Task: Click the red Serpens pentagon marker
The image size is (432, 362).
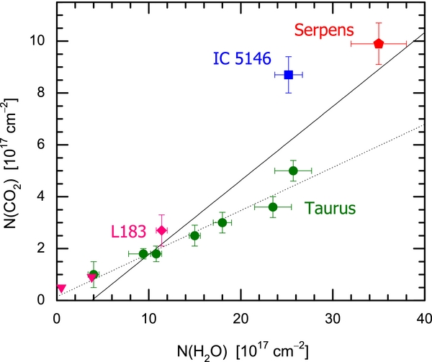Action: tap(379, 44)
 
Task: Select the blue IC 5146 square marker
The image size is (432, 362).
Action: tap(288, 74)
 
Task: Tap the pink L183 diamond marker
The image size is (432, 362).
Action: tap(162, 230)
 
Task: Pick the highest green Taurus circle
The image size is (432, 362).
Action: tap(293, 171)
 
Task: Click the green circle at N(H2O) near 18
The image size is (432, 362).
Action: tap(222, 222)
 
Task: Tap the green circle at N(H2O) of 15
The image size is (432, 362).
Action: tap(194, 235)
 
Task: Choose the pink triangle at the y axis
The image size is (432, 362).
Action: tap(60, 289)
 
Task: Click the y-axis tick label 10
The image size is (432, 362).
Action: tap(42, 41)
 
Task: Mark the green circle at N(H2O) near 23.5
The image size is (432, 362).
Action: tap(273, 207)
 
